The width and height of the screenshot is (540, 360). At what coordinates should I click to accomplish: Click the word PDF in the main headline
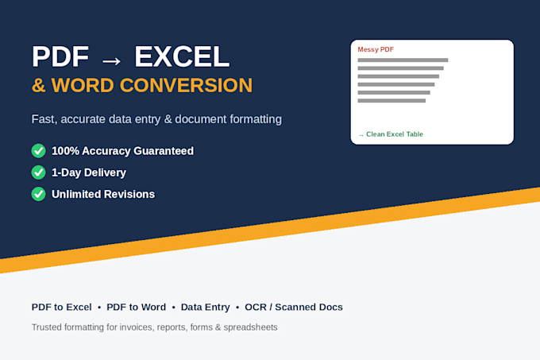(x=60, y=56)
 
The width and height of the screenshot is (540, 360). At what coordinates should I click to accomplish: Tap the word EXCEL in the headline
(x=182, y=56)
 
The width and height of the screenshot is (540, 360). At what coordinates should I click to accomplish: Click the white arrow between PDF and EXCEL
(x=112, y=61)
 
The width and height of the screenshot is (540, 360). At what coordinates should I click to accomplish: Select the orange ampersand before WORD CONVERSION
(x=39, y=86)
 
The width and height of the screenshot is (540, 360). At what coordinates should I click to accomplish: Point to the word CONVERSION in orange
(x=186, y=86)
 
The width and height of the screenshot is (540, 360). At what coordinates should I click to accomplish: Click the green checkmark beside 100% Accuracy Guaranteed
(x=39, y=151)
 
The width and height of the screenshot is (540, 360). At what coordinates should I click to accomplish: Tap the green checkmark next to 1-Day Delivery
(x=39, y=172)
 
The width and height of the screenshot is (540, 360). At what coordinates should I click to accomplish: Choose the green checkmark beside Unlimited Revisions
(x=39, y=194)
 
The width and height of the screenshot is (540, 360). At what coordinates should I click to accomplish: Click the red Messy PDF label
(x=376, y=49)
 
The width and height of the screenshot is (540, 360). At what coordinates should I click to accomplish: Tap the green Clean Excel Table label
(x=395, y=134)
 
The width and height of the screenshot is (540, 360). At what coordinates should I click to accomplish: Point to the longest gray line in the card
(x=403, y=60)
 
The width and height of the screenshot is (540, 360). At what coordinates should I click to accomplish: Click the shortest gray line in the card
(x=391, y=101)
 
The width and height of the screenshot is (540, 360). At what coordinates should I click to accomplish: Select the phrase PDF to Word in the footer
(x=136, y=307)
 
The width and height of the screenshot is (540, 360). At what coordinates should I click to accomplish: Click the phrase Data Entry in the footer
(x=205, y=308)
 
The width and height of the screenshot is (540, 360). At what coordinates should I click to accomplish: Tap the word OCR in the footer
(x=256, y=307)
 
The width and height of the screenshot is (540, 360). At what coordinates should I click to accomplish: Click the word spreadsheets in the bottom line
(x=250, y=327)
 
